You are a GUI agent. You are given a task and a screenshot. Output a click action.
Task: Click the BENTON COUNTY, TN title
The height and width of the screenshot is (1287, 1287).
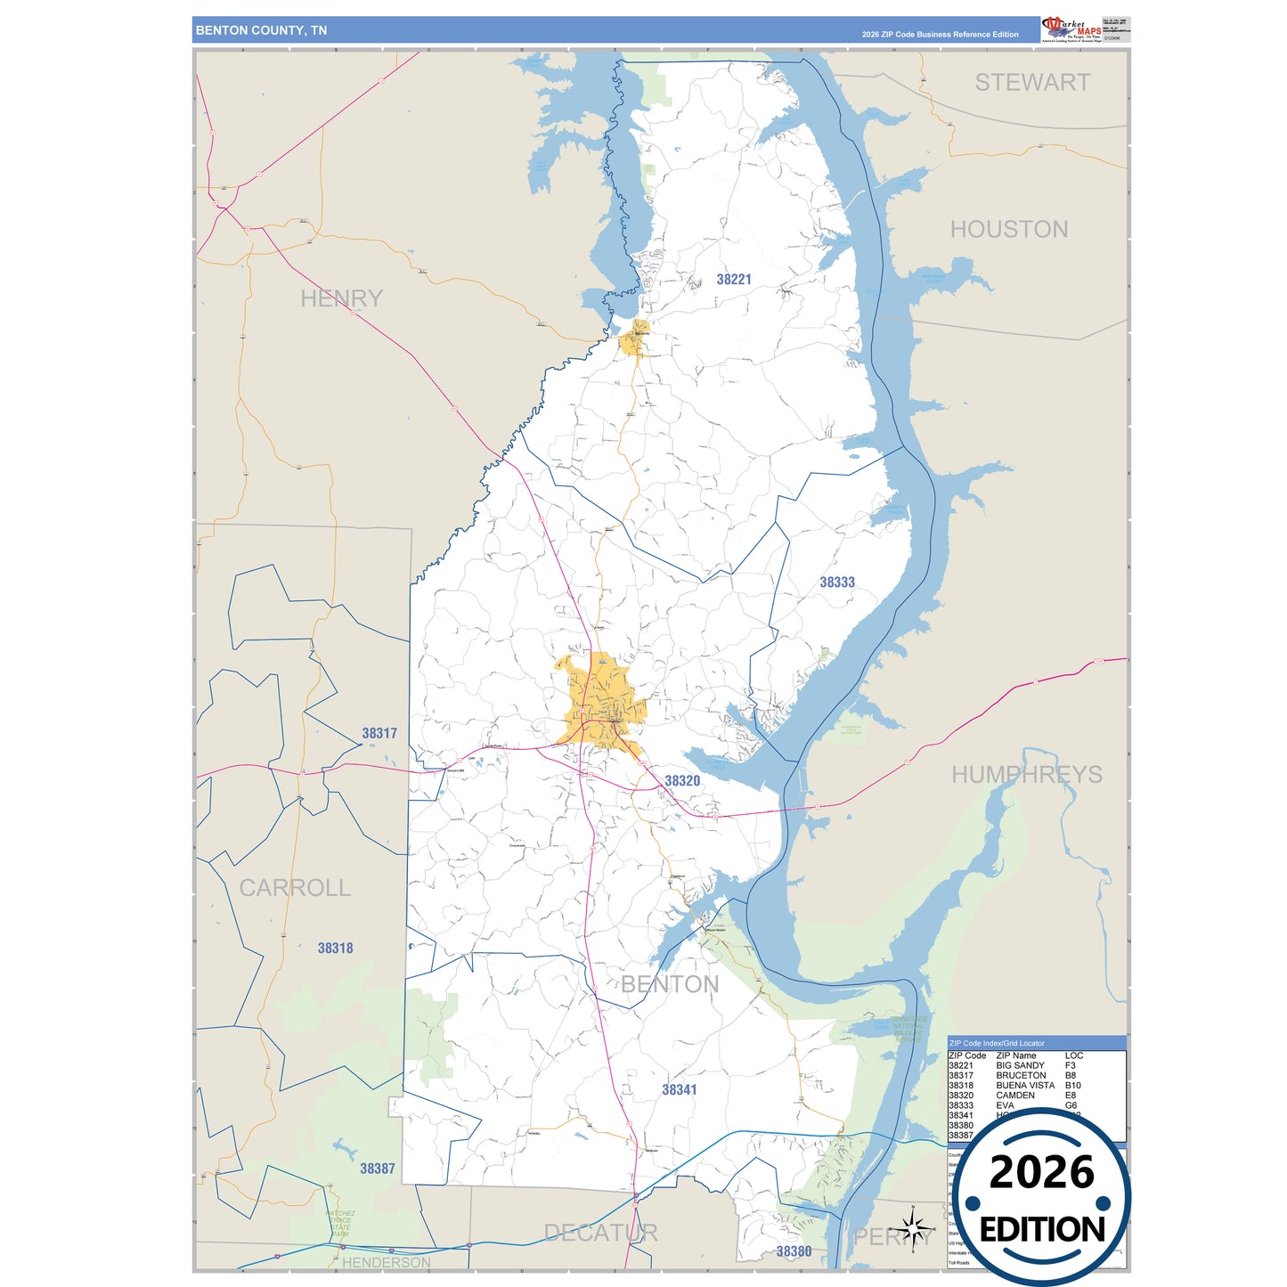pyautogui.click(x=261, y=30)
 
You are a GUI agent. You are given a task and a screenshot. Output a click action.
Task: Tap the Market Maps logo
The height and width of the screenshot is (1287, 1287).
pyautogui.click(x=1071, y=29)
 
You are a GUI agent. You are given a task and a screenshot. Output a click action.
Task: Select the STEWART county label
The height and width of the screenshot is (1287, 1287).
pyautogui.click(x=1032, y=83)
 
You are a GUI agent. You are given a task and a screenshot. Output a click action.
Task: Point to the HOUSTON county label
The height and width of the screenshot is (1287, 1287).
pyautogui.click(x=1009, y=230)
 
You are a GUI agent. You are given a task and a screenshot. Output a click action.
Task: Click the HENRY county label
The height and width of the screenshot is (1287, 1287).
pyautogui.click(x=341, y=298)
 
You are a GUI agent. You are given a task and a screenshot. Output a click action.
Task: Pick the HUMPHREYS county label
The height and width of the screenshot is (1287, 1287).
pyautogui.click(x=1026, y=775)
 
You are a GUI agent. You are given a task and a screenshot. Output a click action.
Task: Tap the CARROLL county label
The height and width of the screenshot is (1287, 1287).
pyautogui.click(x=295, y=888)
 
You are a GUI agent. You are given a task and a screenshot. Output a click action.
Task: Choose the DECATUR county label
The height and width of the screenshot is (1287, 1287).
pyautogui.click(x=600, y=1233)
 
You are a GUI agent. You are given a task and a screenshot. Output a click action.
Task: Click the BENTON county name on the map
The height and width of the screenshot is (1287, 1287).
pyautogui.click(x=670, y=984)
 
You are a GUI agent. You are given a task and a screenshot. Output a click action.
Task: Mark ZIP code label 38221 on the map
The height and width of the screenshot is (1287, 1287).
pyautogui.click(x=734, y=280)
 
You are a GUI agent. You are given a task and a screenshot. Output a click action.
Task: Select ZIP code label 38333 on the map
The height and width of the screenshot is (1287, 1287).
pyautogui.click(x=837, y=582)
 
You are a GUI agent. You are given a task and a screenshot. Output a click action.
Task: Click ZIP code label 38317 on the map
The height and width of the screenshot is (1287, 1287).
pyautogui.click(x=379, y=734)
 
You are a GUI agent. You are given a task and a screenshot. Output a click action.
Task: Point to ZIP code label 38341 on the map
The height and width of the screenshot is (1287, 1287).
pyautogui.click(x=680, y=1090)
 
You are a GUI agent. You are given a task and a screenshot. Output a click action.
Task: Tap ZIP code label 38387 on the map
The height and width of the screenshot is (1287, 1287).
pyautogui.click(x=378, y=1169)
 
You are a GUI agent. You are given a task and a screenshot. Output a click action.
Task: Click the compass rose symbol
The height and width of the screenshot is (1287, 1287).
pyautogui.click(x=913, y=1229)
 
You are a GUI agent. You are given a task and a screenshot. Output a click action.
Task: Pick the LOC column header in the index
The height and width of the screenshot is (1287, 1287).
pyautogui.click(x=1073, y=1055)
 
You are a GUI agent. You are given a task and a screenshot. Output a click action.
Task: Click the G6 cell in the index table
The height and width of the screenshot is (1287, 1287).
pyautogui.click(x=1071, y=1105)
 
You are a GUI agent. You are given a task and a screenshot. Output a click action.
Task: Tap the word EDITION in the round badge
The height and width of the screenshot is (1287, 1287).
pyautogui.click(x=1042, y=1230)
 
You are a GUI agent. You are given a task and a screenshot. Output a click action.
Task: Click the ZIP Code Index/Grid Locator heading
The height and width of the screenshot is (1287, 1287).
pyautogui.click(x=997, y=1043)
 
